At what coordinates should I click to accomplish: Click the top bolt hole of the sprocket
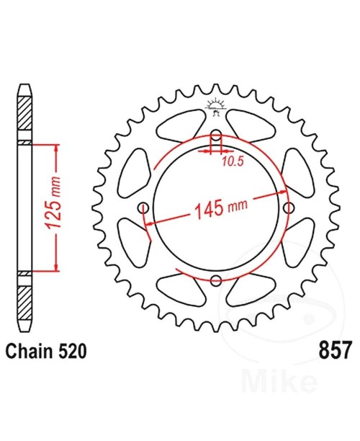pyautogui.click(x=216, y=135)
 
